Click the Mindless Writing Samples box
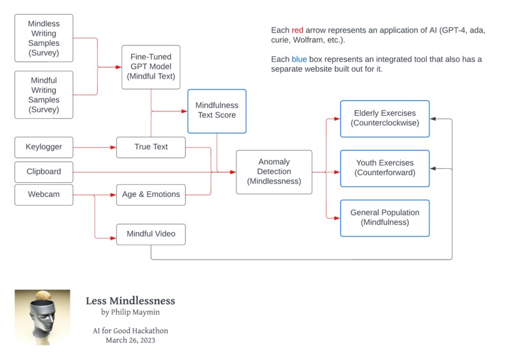[43, 38]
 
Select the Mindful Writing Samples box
[43, 95]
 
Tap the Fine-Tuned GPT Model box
[151, 67]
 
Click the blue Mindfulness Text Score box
[217, 111]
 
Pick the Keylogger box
[43, 147]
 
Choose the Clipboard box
[43, 171]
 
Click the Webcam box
[43, 194]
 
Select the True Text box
[151, 147]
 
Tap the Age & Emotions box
[151, 194]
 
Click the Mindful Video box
[151, 234]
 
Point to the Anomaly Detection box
[273, 171]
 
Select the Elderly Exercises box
[385, 118]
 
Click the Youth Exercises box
[385, 168]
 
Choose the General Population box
[385, 217]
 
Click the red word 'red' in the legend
[298, 31]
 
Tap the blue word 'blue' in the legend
[300, 59]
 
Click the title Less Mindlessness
[130, 301]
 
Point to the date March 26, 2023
[130, 340]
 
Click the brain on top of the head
[43, 295]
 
